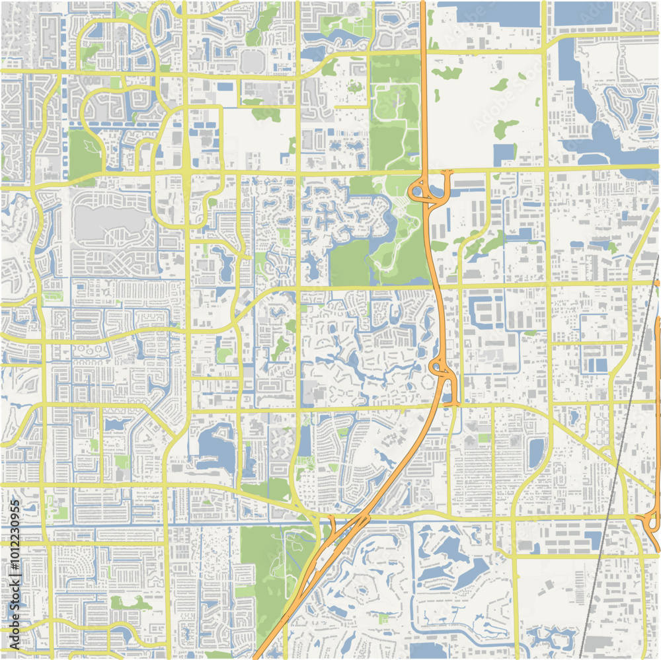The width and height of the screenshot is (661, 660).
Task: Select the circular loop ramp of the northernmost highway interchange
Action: [417, 192]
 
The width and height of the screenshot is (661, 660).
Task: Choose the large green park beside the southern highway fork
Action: [264, 562]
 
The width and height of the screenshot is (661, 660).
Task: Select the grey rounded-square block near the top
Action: [252, 61]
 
